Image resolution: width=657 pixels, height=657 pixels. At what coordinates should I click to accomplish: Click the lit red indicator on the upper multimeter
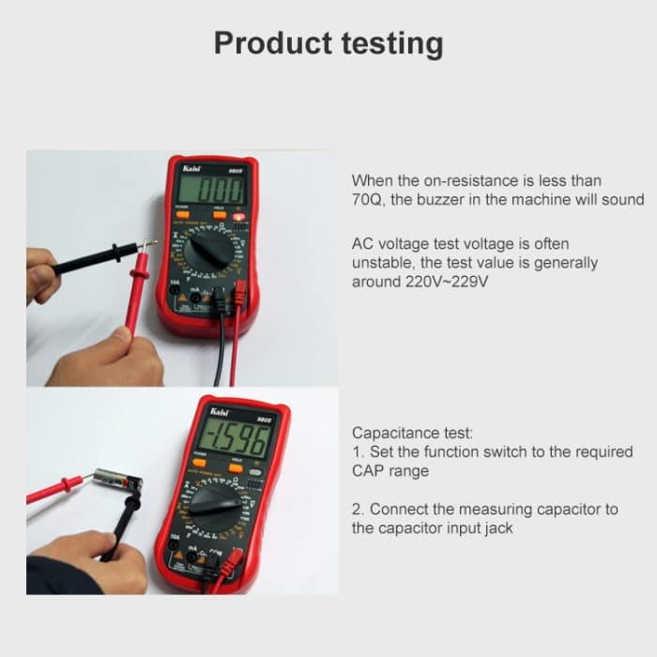[239, 217]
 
